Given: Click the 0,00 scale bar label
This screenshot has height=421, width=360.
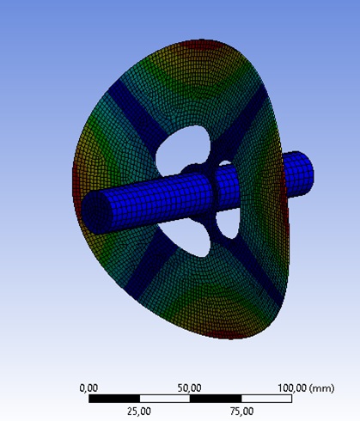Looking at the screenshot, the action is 88,388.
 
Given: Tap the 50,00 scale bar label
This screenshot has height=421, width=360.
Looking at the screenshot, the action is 189,388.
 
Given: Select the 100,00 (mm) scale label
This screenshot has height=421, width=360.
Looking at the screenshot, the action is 306,388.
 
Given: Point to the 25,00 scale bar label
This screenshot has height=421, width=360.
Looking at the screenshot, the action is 139,412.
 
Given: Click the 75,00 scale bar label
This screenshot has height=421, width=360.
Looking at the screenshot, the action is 241,412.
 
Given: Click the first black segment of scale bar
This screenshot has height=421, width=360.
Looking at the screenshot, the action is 114,399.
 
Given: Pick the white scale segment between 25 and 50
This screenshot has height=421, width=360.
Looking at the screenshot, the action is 165,399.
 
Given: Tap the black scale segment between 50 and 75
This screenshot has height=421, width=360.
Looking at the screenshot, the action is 216,399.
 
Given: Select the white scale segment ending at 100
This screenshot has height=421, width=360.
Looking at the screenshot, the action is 266,399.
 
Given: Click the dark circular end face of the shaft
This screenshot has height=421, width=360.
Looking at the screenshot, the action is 97,212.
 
